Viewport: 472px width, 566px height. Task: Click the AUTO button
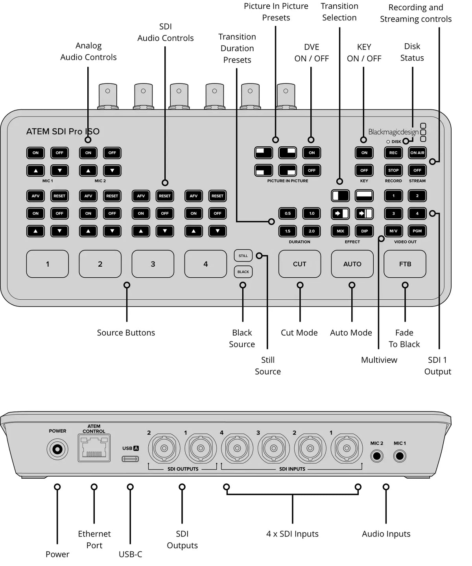click(352, 264)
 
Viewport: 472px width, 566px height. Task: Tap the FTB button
click(405, 264)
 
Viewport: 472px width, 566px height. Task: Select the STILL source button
click(243, 256)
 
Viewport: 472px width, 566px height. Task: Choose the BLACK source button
click(243, 272)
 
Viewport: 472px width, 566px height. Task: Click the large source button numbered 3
click(153, 264)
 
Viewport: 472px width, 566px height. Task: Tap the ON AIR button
click(417, 153)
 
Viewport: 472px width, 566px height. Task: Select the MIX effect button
click(340, 231)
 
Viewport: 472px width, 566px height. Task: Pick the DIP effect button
click(364, 231)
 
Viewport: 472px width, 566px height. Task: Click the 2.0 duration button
click(312, 231)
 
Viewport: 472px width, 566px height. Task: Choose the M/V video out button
click(393, 231)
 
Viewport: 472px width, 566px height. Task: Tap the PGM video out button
click(417, 231)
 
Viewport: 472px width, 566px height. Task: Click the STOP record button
click(393, 170)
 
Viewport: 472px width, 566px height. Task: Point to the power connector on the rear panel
click(57, 449)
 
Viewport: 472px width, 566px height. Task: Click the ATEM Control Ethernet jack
click(94, 448)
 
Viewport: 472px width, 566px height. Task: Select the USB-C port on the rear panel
click(130, 459)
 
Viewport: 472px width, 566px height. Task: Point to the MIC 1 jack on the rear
click(400, 456)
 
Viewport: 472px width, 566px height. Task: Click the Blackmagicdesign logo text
click(393, 132)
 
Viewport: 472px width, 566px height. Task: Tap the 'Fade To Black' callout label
click(404, 338)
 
